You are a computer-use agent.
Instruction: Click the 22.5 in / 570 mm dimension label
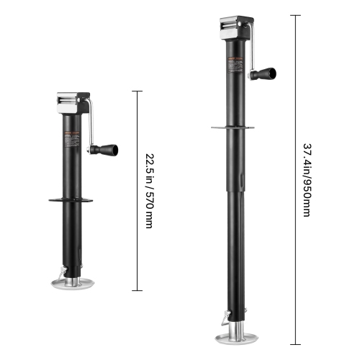tap(149, 190)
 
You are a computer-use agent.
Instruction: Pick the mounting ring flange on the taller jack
tap(233, 127)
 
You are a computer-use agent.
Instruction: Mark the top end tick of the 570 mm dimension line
tap(136, 91)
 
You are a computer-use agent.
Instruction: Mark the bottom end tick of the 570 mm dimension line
tap(136, 289)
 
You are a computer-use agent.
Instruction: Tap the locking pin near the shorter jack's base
tap(63, 269)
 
